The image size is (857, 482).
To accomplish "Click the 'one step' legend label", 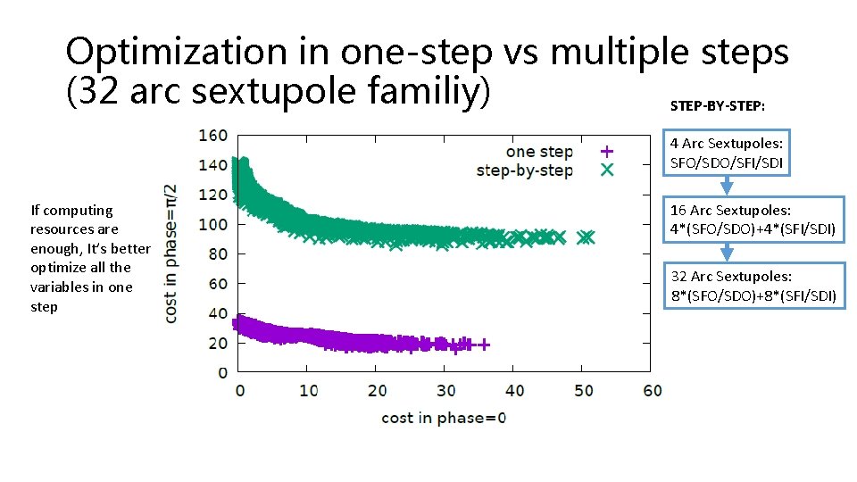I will point(539,152).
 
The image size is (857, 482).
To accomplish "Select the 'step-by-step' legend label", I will point(525,170).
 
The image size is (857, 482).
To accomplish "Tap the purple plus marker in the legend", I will point(606,152).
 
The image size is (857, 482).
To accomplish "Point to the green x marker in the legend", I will point(606,170).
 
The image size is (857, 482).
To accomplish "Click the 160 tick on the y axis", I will point(212,136).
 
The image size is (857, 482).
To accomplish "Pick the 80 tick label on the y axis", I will point(217,253).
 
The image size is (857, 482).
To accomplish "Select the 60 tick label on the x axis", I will point(652,390).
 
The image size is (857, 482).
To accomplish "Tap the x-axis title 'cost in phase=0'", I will point(444,417).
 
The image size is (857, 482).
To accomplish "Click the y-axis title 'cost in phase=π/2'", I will point(171,253).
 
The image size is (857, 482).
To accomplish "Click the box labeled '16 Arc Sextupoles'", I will point(753,220).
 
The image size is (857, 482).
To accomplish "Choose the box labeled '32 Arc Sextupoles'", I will point(753,286).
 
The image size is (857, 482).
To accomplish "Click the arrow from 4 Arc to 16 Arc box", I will point(727,186).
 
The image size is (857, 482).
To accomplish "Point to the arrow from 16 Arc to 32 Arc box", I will point(727,252).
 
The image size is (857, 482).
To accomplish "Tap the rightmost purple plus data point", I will point(484,344).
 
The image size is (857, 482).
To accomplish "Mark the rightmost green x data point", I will point(587,237).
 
